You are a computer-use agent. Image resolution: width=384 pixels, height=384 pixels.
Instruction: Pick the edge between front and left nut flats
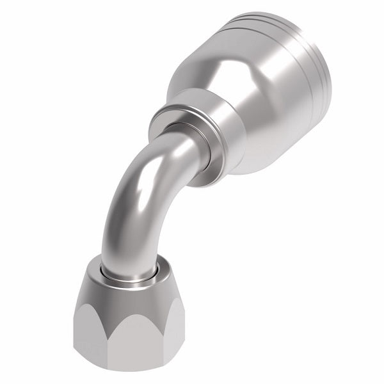click(x=92, y=333)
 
